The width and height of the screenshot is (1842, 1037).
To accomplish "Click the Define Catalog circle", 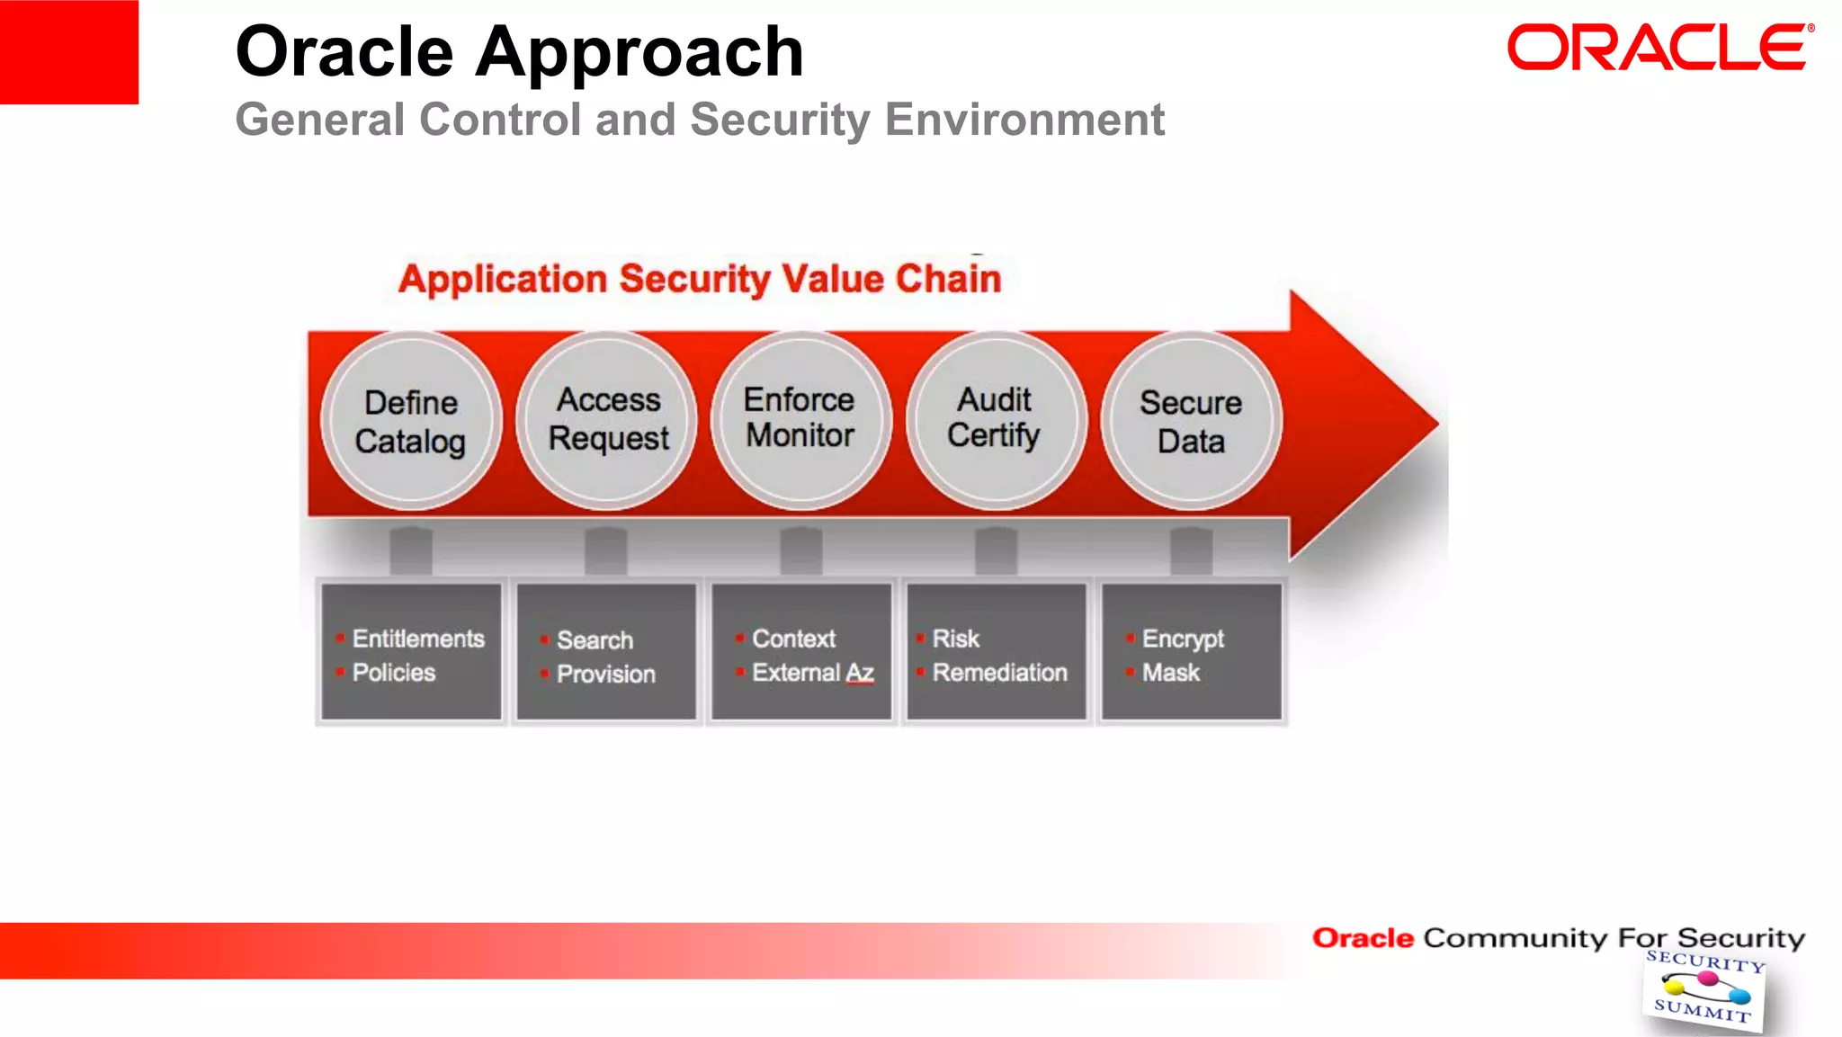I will [411, 421].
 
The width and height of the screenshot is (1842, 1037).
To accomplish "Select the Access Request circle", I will [607, 420].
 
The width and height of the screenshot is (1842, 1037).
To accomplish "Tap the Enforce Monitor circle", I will [801, 419].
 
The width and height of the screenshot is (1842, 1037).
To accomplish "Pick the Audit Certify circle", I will [996, 419].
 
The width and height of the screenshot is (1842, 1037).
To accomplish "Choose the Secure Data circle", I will [1191, 421].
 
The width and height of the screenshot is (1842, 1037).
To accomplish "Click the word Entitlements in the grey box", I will [418, 639].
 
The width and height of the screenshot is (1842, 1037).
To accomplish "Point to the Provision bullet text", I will [605, 674].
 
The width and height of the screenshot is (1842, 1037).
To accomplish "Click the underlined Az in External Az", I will [860, 673].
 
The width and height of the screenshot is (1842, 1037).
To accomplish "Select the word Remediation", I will [999, 673].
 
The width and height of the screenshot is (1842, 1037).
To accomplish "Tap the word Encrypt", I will [1183, 639].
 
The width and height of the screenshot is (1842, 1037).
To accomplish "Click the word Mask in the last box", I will [1170, 673].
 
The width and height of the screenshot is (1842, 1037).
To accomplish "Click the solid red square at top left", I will [69, 51].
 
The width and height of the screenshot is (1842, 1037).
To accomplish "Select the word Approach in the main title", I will [639, 52].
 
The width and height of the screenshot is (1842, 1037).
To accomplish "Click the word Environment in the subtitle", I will [1024, 120].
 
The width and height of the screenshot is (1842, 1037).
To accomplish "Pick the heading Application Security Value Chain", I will [700, 279].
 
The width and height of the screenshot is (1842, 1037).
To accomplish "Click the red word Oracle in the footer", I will [1363, 938].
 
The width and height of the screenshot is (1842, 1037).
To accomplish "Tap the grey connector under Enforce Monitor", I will [800, 550].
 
